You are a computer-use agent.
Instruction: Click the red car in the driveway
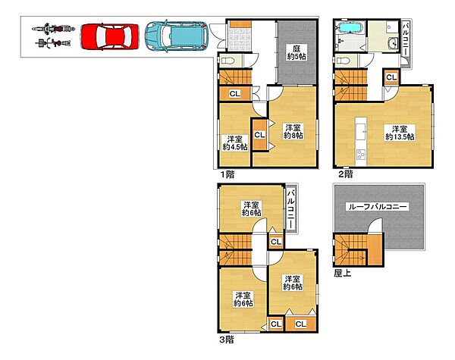coord(110,36)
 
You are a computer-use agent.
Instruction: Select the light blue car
coord(177,36)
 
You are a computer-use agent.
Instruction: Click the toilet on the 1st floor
coord(228,61)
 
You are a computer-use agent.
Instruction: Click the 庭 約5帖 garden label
coord(297,52)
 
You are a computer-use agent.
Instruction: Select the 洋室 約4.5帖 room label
coord(235,142)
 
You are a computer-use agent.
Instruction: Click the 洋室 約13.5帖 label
coord(400,133)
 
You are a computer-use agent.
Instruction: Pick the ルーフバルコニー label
coord(378,207)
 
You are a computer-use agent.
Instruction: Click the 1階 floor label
coord(227,174)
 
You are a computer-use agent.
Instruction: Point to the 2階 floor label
coord(346,174)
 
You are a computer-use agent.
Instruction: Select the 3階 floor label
coord(226,340)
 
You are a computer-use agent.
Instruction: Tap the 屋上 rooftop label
coord(343,273)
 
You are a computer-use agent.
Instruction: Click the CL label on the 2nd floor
coord(391,77)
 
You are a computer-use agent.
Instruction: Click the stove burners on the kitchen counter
coord(361,154)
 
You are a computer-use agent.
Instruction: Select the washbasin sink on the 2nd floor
coord(394,44)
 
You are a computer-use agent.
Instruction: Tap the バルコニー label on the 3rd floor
coord(291,208)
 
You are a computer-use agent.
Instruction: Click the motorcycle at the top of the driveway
coord(53,29)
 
